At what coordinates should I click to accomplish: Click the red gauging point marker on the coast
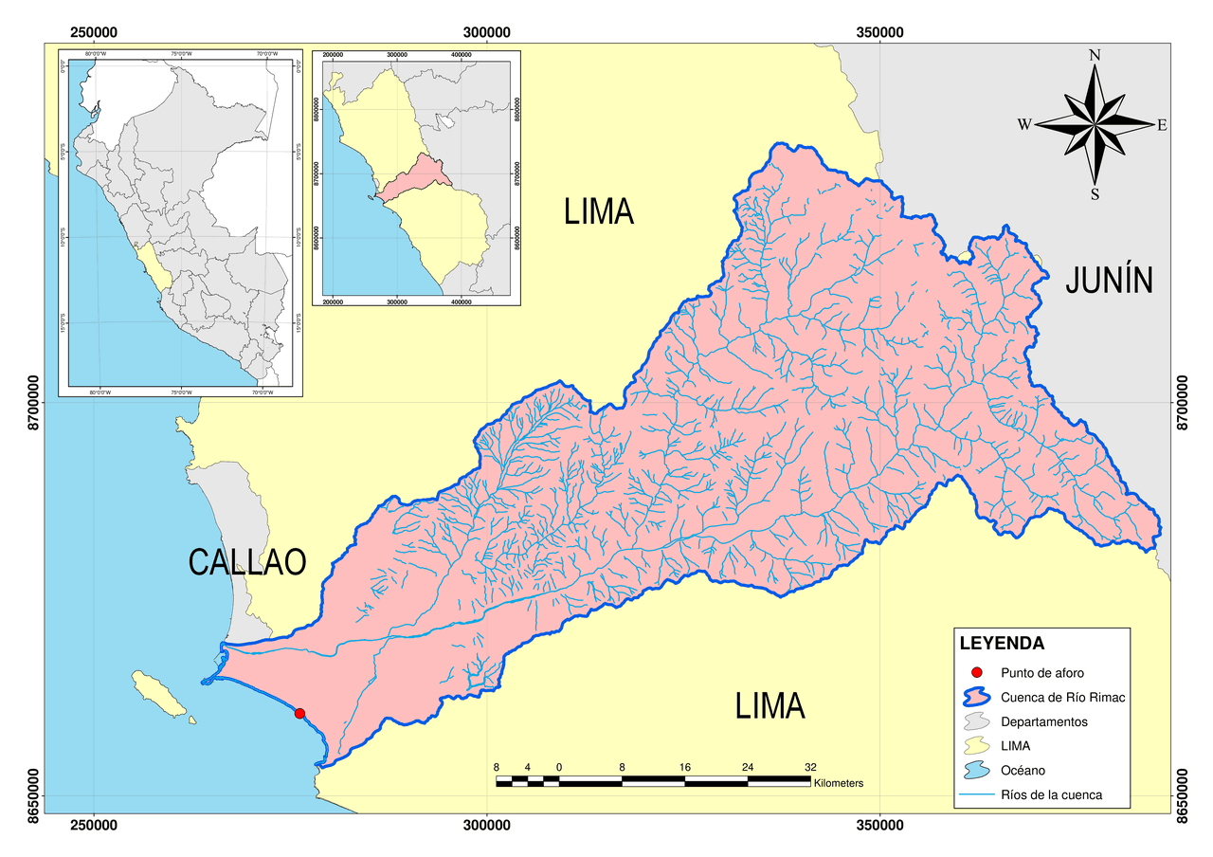[299, 714]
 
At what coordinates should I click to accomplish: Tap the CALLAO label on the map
[247, 562]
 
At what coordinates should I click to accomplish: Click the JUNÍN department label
[1108, 281]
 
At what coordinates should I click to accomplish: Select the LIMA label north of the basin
[598, 210]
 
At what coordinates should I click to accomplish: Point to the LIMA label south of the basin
[769, 706]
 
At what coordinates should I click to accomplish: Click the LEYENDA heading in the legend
[1002, 644]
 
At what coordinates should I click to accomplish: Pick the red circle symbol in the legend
[977, 672]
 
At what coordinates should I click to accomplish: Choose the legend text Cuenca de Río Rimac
[1062, 697]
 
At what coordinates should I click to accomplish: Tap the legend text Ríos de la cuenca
[1051, 794]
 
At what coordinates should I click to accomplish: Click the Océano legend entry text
[1023, 771]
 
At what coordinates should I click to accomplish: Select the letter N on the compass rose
[1095, 55]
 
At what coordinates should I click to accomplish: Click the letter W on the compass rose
[1024, 124]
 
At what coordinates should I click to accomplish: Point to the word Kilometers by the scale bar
[838, 784]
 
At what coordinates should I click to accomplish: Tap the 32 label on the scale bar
[810, 766]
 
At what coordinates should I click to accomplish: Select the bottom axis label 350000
[880, 826]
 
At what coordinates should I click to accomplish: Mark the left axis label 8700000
[34, 403]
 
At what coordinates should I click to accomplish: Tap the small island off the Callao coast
[160, 694]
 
